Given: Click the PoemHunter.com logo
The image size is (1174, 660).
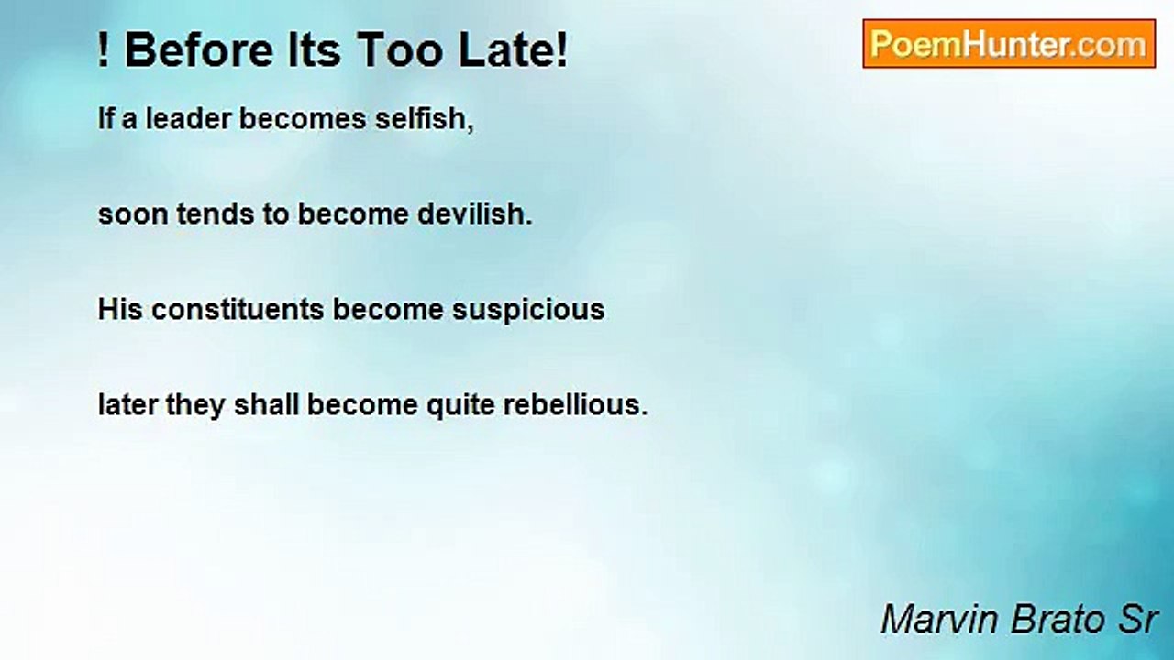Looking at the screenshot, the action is coord(1009,44).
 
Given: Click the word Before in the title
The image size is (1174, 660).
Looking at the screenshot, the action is coord(199,50).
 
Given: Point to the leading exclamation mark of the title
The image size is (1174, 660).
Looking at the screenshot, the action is coord(104,50).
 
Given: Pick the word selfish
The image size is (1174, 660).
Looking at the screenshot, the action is coord(420,118).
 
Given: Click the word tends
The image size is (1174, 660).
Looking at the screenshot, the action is coord(216,214).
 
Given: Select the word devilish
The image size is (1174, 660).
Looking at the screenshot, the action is coord(471,214).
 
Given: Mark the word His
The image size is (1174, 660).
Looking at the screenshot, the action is coord(120,309).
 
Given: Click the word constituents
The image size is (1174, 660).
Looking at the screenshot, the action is coord(238,309).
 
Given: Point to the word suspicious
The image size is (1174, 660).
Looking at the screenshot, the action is coord(528,310).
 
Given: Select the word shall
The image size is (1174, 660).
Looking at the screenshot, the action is coord(266,405).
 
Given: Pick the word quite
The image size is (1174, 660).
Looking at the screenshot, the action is coord(460,406).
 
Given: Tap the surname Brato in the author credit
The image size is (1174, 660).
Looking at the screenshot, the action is coord(1057,620).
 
